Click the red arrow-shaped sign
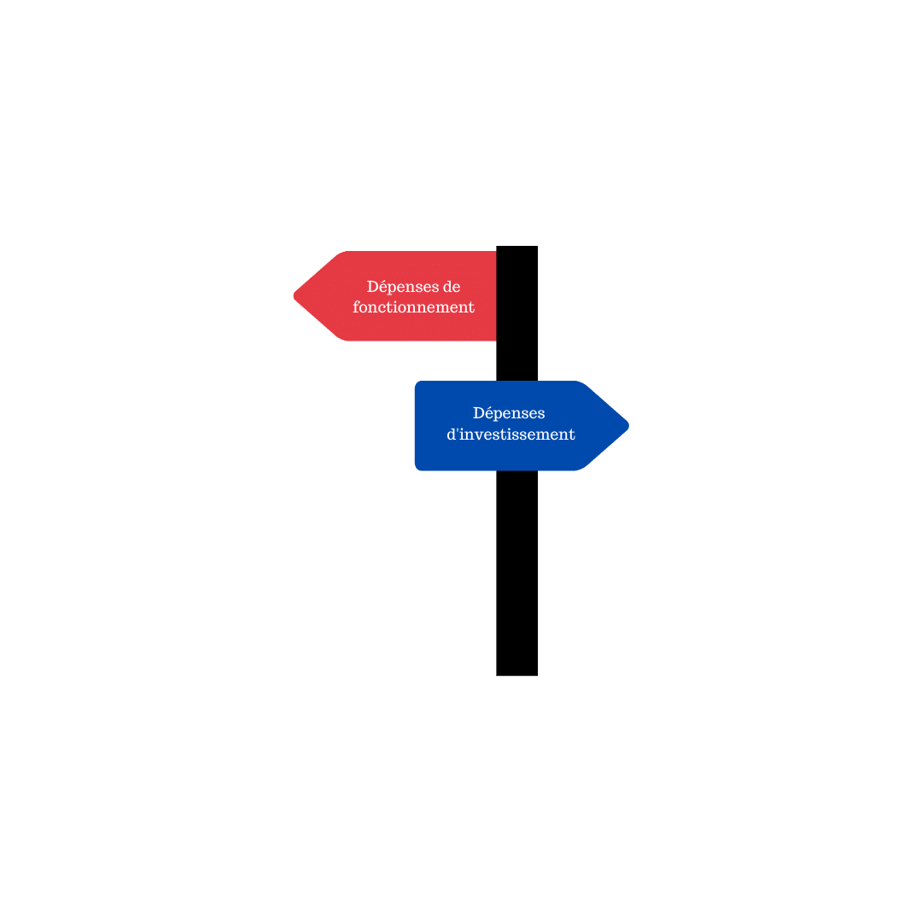(x=395, y=295)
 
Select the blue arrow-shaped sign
(x=522, y=426)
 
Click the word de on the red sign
(x=450, y=287)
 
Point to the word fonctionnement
(x=413, y=307)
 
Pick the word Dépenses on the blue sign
(x=509, y=414)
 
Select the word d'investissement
(x=511, y=434)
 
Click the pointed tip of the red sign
(x=294, y=295)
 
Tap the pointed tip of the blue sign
(x=628, y=426)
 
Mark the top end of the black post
(x=516, y=247)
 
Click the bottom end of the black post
(x=516, y=675)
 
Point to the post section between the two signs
(x=516, y=360)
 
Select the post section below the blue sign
(x=516, y=574)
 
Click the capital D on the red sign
(x=373, y=287)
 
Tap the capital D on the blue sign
(x=479, y=413)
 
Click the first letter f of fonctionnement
(x=357, y=307)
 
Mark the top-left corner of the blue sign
(x=416, y=382)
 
